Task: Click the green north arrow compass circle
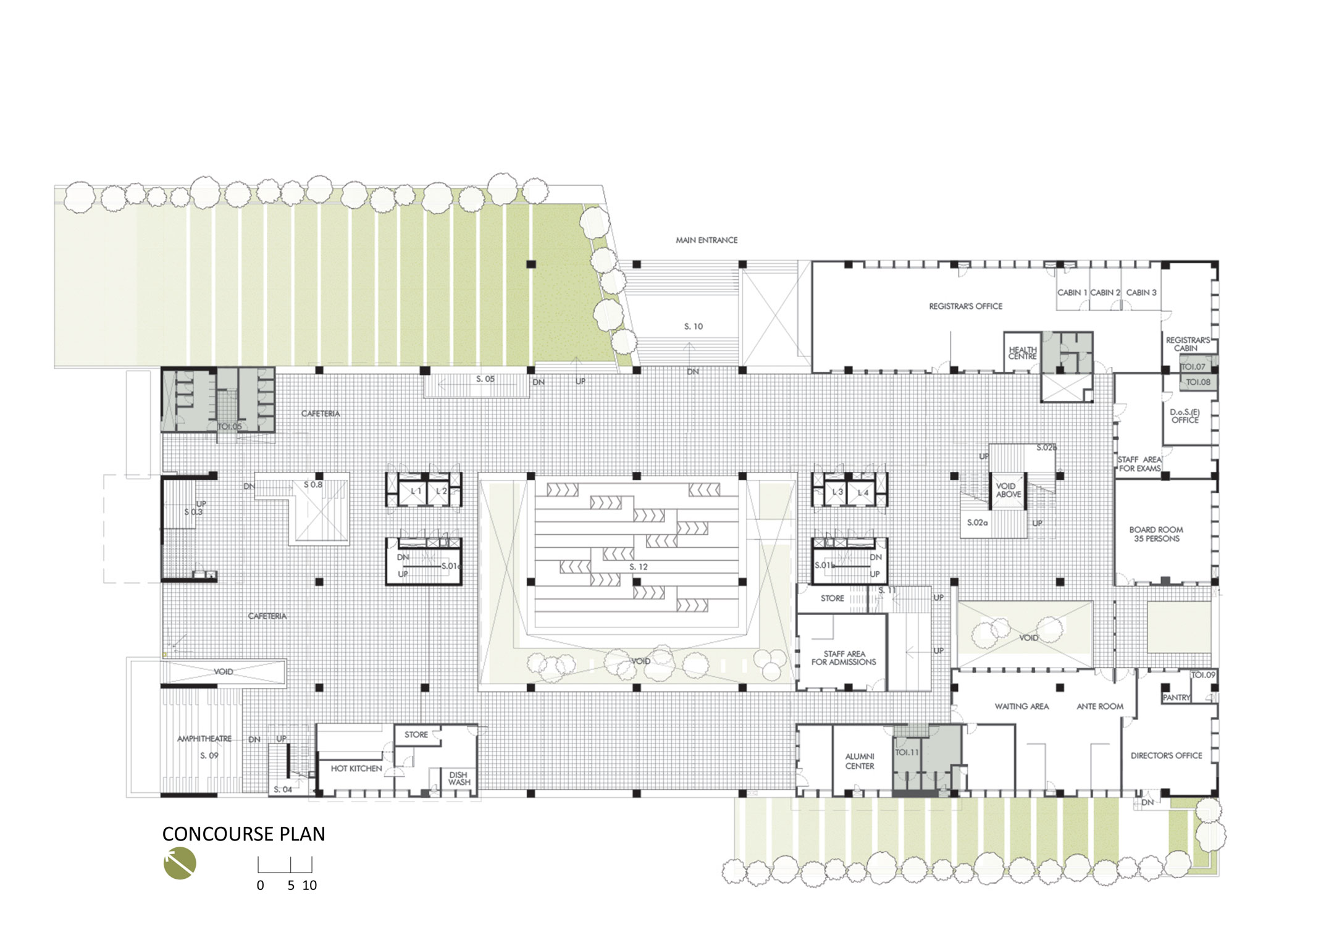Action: tap(180, 863)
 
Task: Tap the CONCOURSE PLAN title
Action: tap(243, 834)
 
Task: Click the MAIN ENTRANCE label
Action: tap(707, 240)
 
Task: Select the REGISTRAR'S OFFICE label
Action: tap(965, 306)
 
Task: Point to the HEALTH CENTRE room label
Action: tap(1022, 353)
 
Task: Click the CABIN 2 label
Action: tap(1105, 293)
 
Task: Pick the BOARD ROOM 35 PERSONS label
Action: tap(1156, 534)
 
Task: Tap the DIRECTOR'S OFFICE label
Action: tap(1166, 755)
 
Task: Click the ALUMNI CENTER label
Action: tap(859, 761)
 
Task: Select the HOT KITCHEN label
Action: tap(356, 769)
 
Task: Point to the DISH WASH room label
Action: tap(459, 778)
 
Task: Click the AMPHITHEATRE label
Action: tap(204, 739)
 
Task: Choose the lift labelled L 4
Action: tap(862, 493)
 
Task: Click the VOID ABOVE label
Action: tap(1008, 490)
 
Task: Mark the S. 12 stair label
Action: tap(639, 567)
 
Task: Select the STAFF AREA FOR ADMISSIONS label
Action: tap(844, 658)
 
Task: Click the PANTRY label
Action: tap(1177, 697)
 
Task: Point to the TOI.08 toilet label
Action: tap(1198, 382)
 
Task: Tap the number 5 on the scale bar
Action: tap(291, 886)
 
